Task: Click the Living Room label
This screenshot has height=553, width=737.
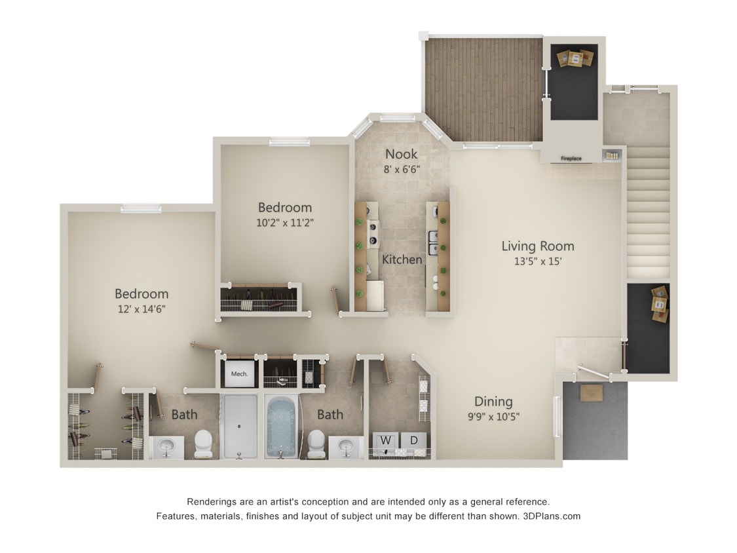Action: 537,246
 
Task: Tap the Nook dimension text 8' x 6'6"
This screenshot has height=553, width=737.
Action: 402,169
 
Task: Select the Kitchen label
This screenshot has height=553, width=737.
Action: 402,259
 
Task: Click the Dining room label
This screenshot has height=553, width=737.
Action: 493,402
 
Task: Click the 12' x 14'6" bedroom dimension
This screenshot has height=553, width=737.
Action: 141,309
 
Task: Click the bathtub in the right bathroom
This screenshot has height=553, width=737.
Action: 282,426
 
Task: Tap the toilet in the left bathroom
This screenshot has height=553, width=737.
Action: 204,444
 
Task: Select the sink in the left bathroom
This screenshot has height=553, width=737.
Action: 166,447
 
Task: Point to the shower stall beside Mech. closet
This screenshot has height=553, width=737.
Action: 240,426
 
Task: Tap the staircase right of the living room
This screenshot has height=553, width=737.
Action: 648,210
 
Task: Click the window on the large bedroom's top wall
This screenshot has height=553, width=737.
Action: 141,208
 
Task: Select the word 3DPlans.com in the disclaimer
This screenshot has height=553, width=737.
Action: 552,516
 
